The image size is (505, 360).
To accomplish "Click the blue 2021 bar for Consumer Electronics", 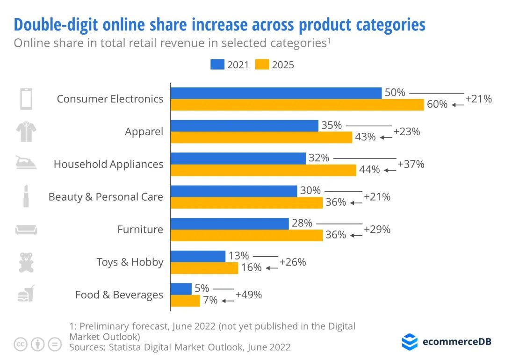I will click(x=276, y=93).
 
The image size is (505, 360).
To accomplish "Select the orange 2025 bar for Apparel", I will click(x=261, y=137).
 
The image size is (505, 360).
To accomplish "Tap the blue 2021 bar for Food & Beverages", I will click(x=181, y=289).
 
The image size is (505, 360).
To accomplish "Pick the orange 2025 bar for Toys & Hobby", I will click(x=204, y=268).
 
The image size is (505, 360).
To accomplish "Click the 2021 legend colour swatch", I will click(x=217, y=65).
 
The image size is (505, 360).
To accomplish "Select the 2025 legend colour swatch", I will click(x=262, y=65).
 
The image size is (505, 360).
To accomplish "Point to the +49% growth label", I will click(x=248, y=295).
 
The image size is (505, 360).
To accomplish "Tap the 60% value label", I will click(x=437, y=104).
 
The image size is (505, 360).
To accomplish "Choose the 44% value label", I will click(x=369, y=170).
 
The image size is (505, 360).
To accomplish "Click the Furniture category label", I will click(x=140, y=230).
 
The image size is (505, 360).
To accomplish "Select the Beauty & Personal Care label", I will click(x=106, y=197).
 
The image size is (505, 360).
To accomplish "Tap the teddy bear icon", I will click(x=26, y=262).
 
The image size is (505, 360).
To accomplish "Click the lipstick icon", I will click(x=26, y=197).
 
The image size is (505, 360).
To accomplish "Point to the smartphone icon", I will click(x=26, y=99).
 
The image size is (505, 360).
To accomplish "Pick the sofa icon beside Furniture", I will click(x=26, y=230).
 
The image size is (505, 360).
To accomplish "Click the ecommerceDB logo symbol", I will click(x=410, y=342).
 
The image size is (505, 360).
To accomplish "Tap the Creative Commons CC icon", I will click(x=21, y=345).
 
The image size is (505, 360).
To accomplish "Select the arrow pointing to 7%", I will click(x=228, y=301).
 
